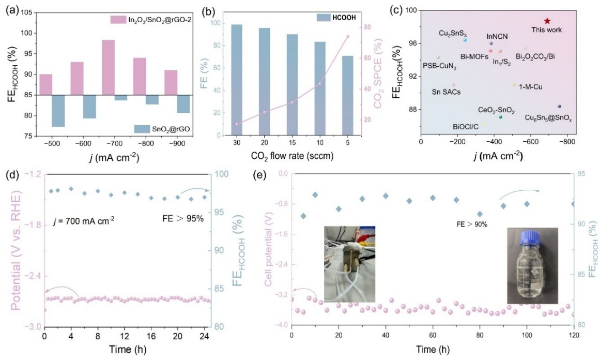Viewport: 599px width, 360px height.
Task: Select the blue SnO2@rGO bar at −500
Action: [58, 111]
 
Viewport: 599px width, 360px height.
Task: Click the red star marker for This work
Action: [547, 21]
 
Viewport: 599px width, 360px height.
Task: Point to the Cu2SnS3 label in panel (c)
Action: [452, 33]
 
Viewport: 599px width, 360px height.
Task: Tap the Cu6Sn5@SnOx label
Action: [552, 118]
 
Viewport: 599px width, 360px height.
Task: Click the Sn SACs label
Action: [446, 92]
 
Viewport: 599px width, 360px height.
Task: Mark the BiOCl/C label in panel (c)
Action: [465, 126]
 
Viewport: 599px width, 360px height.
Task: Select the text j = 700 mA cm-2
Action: [84, 219]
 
